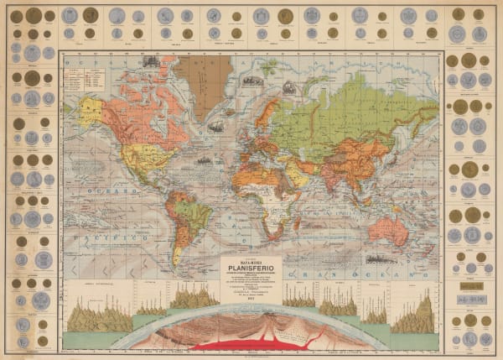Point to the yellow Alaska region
[x=91, y=110]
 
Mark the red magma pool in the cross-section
[x=251, y=343]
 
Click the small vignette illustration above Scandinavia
[x=288, y=86]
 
